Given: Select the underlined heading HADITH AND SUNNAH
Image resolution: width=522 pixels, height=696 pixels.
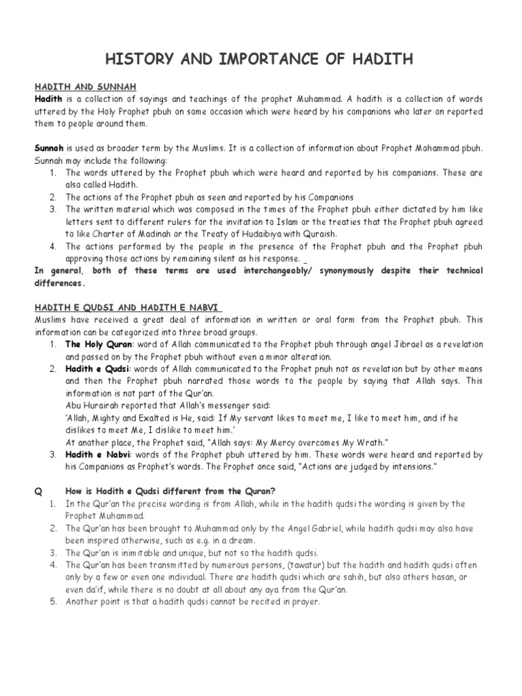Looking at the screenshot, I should (86, 88).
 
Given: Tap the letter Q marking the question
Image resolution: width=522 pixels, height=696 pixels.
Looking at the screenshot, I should (39, 491).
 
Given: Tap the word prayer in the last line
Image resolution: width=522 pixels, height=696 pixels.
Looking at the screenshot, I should (302, 602).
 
